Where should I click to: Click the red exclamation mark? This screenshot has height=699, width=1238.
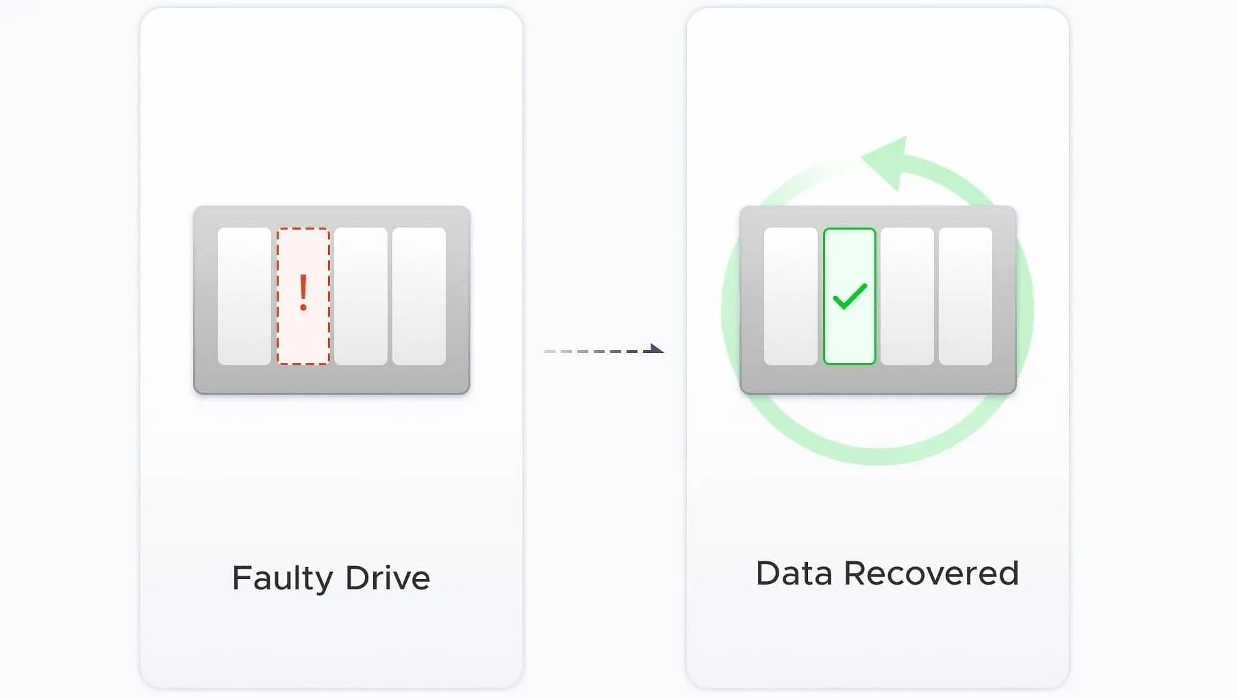point(303,293)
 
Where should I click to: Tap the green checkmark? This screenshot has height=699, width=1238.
point(850,296)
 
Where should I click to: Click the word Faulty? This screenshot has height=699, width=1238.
point(282,578)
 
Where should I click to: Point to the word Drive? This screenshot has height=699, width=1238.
point(388,578)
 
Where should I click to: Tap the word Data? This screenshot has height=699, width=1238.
point(794,574)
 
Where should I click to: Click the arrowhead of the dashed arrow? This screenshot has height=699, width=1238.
point(656,349)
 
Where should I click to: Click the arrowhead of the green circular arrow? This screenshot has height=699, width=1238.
point(888,161)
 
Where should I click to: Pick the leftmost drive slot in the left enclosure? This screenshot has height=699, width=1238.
point(244,296)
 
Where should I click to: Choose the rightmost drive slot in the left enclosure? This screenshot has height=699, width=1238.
point(419,296)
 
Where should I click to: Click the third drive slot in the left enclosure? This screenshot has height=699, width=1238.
point(361,296)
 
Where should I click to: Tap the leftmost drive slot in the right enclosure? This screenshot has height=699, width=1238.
point(791,296)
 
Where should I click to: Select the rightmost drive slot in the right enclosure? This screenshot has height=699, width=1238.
point(965,296)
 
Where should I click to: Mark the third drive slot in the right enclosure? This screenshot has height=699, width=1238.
point(907,296)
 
